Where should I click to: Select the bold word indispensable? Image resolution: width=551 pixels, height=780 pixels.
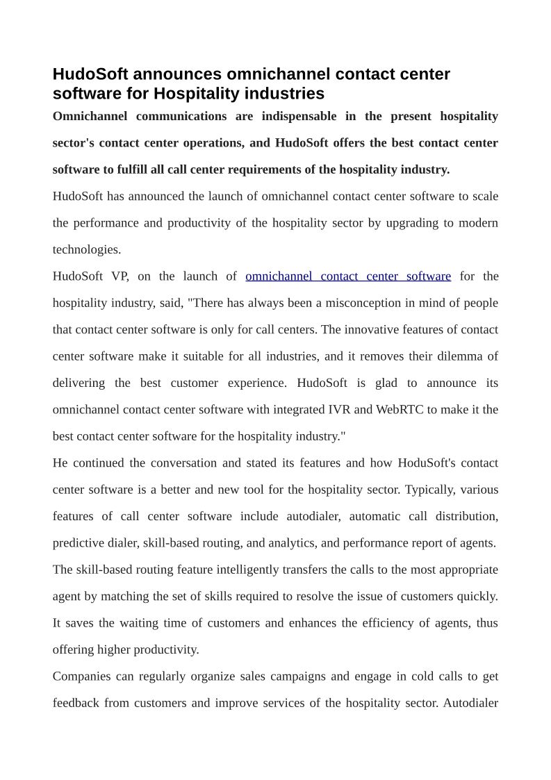[295, 116]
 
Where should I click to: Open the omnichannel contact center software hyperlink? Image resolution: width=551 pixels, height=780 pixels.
[348, 276]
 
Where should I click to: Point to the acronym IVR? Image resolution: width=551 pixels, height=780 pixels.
[339, 409]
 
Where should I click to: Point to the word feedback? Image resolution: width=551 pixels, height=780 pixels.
[76, 703]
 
